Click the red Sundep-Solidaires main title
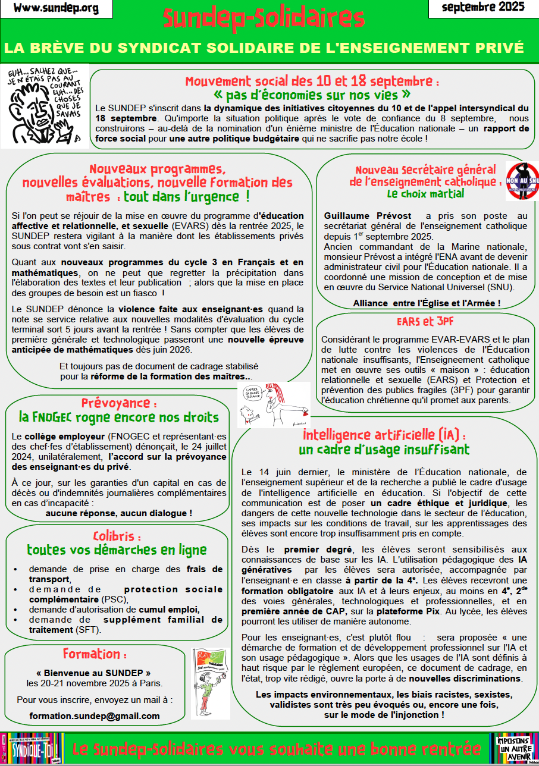pos(264,20)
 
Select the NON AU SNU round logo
pos(522,181)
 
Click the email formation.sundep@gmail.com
pos(95,715)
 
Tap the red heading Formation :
pos(95,654)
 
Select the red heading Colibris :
pos(117,536)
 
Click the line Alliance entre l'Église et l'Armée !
pos(427,303)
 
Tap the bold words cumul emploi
pos(169,609)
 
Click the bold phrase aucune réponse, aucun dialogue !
pos(119,512)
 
